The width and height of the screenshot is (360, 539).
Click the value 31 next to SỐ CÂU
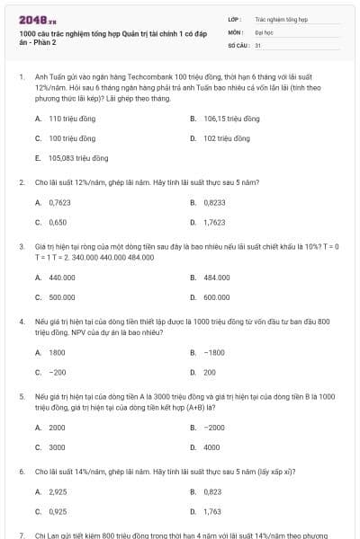(258, 44)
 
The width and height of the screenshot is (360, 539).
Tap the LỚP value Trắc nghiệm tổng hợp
(274, 18)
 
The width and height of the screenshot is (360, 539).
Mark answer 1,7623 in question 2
(214, 222)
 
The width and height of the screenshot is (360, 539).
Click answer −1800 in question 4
(213, 352)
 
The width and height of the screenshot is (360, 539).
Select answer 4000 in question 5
(211, 446)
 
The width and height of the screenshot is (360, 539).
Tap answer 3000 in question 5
(57, 446)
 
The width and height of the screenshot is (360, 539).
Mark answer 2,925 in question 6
(57, 491)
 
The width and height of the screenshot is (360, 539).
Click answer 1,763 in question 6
(212, 511)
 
